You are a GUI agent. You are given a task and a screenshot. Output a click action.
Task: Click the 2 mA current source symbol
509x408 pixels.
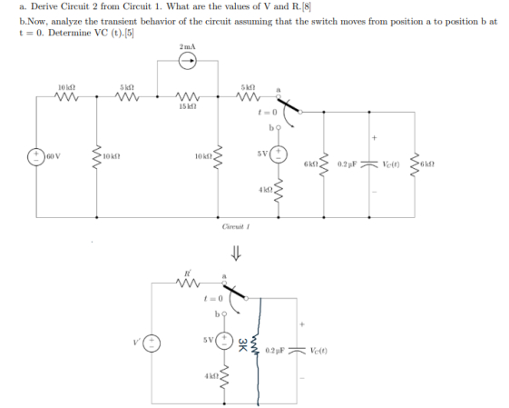187,62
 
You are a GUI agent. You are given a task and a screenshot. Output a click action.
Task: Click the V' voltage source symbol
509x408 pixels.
154,345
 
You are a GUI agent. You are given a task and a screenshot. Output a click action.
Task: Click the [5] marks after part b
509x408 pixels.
139,34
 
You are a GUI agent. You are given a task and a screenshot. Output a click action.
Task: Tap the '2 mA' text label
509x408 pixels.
187,45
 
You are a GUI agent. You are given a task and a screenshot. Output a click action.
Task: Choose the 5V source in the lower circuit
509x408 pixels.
221,342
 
